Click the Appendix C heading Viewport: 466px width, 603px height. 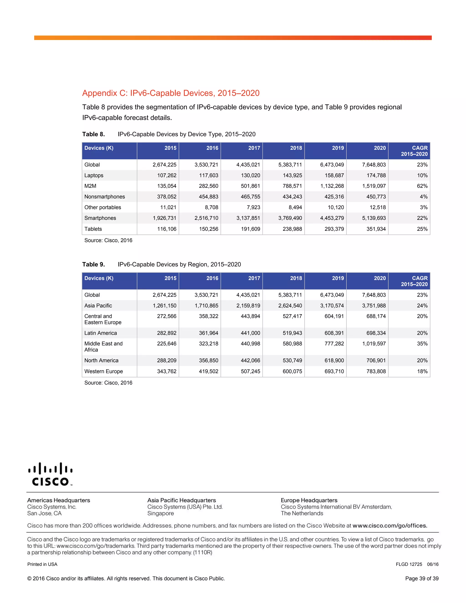171,93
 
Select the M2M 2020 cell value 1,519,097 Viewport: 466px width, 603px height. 374,186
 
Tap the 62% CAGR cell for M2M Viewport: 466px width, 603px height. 422,186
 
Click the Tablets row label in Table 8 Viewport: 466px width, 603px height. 93,229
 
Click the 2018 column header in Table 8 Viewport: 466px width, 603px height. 296,148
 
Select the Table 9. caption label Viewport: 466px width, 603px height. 93,264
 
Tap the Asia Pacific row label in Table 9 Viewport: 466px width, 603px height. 98,306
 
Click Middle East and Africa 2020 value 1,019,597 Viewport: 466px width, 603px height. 374,344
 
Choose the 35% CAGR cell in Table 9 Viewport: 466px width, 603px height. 422,344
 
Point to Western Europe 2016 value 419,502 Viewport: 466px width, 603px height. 208,371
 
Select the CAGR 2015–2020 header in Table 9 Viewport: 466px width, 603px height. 414,281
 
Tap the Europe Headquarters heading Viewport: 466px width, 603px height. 309,500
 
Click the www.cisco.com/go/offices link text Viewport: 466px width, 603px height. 390,526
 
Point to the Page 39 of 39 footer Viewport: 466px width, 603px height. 422,578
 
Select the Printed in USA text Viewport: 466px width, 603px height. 42,564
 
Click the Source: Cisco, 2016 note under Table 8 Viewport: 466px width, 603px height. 108,241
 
